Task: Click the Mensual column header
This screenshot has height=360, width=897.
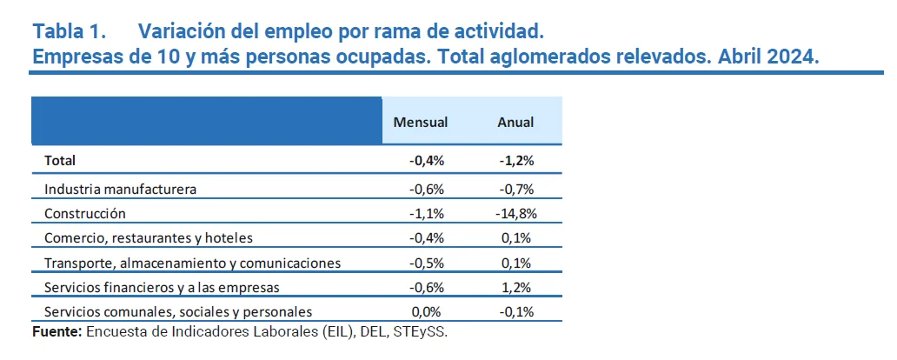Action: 421,123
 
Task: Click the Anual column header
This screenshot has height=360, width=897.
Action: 515,123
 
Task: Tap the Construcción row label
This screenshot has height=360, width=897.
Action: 85,213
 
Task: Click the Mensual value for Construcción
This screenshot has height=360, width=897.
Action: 426,213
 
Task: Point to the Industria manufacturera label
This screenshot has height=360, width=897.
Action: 120,189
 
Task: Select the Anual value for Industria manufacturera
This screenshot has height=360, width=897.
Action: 516,189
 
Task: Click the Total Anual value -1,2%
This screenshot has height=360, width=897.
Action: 516,161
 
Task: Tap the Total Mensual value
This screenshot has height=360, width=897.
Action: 426,161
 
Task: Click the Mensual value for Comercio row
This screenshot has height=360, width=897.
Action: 426,238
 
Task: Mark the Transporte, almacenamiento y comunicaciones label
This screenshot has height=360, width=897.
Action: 191,263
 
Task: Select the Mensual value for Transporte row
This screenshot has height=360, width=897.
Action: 426,263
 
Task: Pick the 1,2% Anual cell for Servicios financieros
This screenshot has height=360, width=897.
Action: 519,287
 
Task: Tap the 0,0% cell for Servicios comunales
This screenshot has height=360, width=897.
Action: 428,311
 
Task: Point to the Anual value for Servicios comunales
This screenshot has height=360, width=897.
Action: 516,311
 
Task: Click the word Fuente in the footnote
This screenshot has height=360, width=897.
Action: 56,332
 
